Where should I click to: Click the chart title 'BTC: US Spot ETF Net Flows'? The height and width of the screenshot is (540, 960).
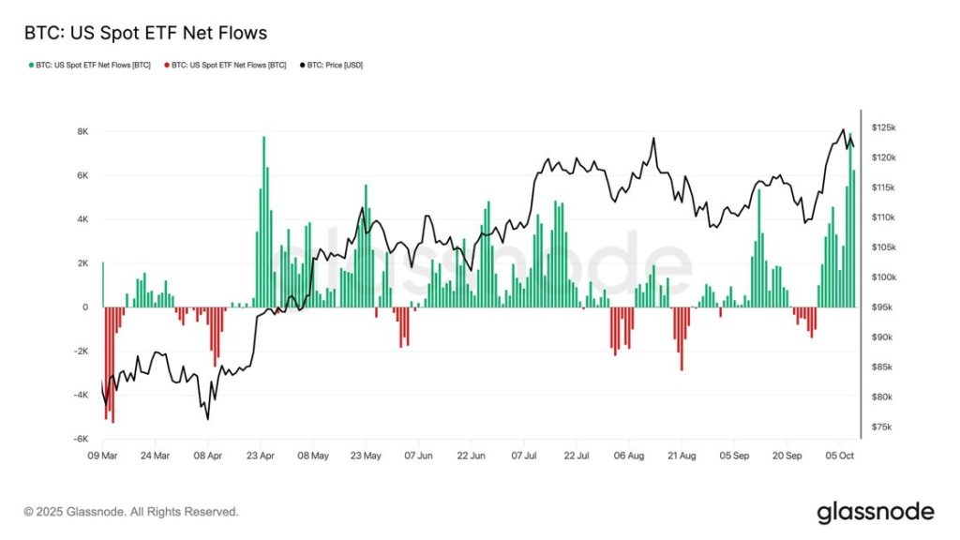pos(145,34)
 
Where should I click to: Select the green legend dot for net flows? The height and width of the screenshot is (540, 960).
pos(31,66)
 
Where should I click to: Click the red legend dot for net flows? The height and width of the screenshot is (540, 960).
pos(167,66)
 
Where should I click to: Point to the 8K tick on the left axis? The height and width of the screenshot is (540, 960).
pos(82,131)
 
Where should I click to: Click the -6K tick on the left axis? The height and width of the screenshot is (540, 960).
pos(82,439)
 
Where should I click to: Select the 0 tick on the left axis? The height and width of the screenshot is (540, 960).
pos(86,307)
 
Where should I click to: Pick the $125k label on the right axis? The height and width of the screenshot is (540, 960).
pos(884,127)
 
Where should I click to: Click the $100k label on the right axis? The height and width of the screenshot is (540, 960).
pos(884,277)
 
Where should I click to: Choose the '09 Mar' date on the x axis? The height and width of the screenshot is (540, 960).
pos(102,457)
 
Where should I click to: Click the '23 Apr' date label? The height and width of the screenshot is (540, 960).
pos(260,457)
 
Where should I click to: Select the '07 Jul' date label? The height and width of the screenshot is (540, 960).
pos(524,457)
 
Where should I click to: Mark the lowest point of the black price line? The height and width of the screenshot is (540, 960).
pos(207,419)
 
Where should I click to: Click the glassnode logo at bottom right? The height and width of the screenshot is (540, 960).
pos(876,512)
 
